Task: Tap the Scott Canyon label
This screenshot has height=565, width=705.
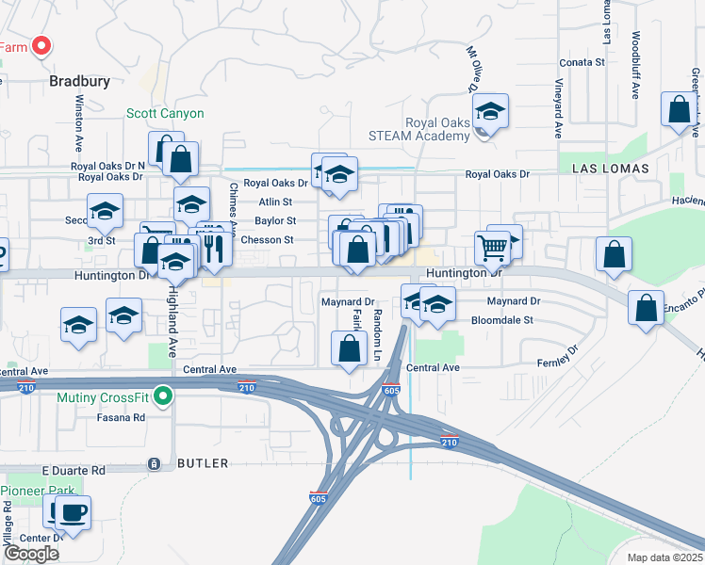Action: [x=165, y=113]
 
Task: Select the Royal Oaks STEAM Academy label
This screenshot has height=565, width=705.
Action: [x=437, y=129]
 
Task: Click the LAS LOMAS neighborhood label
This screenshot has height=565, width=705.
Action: [x=611, y=168]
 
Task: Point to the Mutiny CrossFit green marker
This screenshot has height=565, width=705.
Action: [x=163, y=396]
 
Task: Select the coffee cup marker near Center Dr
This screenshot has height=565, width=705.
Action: [x=73, y=513]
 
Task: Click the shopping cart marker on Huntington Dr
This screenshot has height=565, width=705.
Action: [x=493, y=249]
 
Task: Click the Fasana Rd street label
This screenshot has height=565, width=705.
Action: [x=125, y=417]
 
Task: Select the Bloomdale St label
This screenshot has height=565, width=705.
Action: [x=502, y=320]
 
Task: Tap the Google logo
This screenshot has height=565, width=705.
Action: [x=31, y=554]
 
